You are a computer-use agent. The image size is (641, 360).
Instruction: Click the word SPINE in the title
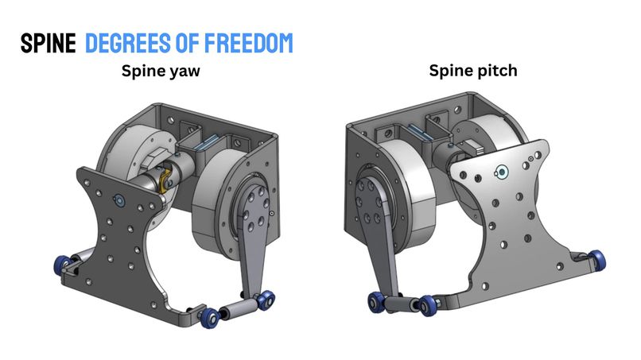tap(49, 43)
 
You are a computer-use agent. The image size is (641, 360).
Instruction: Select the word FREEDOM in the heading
tap(249, 43)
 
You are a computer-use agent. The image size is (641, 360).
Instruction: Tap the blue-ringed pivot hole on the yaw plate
tap(119, 199)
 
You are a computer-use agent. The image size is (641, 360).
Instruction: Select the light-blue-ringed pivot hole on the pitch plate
tap(502, 172)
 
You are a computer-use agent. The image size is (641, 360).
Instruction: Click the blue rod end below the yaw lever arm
tap(266, 300)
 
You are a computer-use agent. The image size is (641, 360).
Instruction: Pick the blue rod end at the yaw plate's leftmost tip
tap(63, 265)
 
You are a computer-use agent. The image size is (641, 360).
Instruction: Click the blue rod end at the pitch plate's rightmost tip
tap(597, 261)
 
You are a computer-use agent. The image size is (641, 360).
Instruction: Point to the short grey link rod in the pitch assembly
tap(402, 304)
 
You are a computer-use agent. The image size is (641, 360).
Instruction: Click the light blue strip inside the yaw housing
tap(208, 142)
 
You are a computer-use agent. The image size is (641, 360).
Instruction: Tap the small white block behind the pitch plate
tap(475, 147)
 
